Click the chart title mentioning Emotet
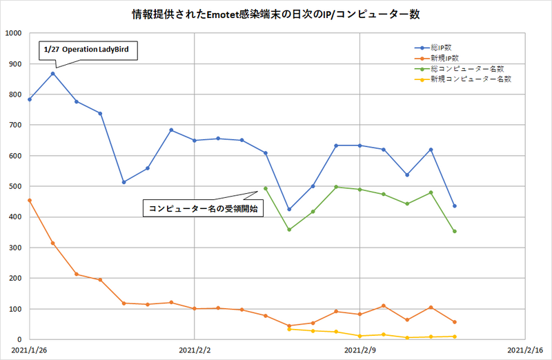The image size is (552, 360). click(275, 14)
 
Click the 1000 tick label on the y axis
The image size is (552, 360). click(13, 33)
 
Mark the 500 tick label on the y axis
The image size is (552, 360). click(15, 186)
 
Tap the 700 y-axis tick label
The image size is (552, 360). click(15, 125)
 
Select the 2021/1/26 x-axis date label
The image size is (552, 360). click(30, 350)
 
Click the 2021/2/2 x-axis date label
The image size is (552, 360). click(195, 350)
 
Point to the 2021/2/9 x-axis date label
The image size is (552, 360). click(360, 350)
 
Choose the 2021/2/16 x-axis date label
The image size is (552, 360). click(524, 350)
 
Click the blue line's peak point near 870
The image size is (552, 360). click(53, 73)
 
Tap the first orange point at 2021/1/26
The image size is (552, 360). click(30, 200)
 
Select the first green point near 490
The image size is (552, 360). click(266, 188)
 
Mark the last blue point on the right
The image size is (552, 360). click(455, 206)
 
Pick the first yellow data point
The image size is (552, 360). click(289, 329)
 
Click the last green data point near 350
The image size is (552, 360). click(455, 231)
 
